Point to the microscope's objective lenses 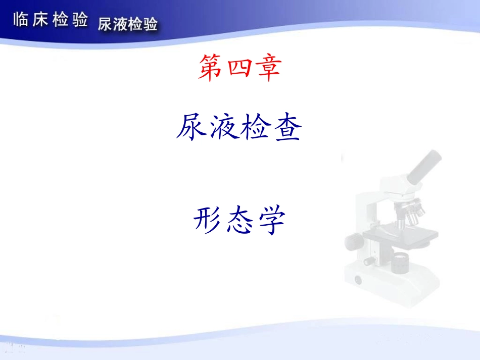click(x=412, y=212)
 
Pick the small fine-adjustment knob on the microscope click(x=370, y=261)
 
